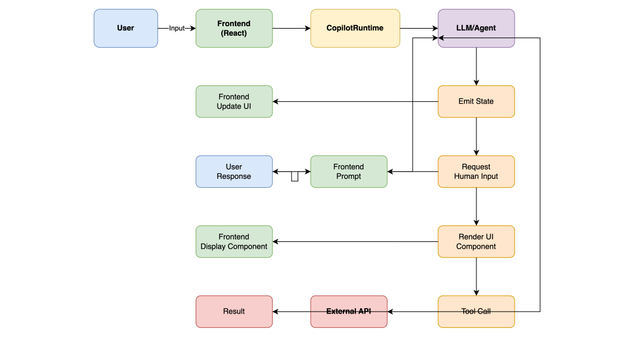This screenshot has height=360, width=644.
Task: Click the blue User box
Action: (126, 28)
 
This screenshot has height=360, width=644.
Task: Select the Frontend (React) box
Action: (234, 28)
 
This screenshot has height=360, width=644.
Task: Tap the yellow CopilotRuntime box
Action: (355, 28)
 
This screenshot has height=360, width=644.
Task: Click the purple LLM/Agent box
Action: (476, 28)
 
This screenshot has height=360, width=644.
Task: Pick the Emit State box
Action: (476, 101)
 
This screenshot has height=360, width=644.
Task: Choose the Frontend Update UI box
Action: (234, 101)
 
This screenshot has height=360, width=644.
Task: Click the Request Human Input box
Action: (476, 172)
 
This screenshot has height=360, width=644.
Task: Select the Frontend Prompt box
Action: (348, 172)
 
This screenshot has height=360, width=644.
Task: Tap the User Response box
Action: (234, 172)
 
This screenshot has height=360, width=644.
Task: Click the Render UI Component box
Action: (476, 241)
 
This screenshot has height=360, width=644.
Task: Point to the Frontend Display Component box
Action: (234, 241)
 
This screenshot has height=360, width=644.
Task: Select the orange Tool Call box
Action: (476, 311)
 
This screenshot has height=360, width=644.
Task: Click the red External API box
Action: (348, 311)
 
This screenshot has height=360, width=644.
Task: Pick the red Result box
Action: (234, 311)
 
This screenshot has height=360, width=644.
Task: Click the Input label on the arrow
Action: (177, 28)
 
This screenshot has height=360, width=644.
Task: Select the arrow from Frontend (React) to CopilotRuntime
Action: (292, 28)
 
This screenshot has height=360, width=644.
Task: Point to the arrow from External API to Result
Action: (292, 311)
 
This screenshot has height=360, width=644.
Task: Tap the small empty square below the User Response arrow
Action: (295, 176)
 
